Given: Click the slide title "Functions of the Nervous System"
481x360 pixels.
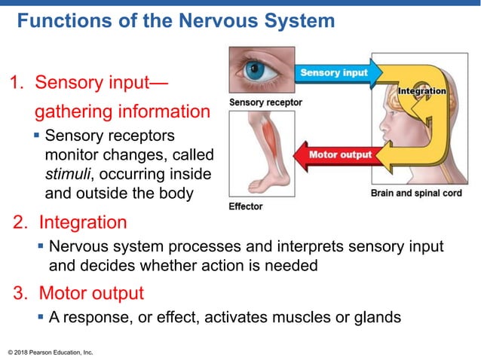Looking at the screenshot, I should point(176,20).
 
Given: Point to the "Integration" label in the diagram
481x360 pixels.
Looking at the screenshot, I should point(421,91).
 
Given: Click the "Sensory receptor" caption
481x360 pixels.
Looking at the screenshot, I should point(265,102).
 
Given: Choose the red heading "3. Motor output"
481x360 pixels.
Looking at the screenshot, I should point(78,292).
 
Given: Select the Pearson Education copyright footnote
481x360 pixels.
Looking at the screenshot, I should point(50,352).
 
